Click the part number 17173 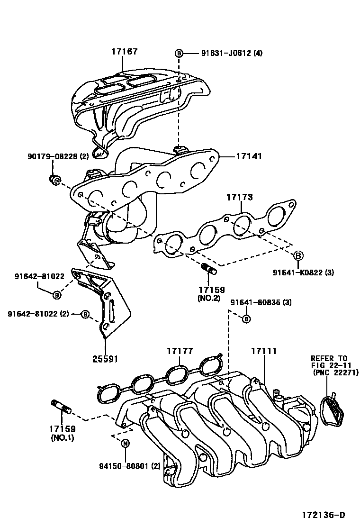pyautogui.click(x=239, y=197)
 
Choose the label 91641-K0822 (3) pyautogui.click(x=303, y=273)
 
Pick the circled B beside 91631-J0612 pyautogui.click(x=179, y=53)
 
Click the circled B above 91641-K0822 pyautogui.click(x=298, y=256)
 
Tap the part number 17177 pyautogui.click(x=180, y=351)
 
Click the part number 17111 pyautogui.click(x=264, y=351)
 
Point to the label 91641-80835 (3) pyautogui.click(x=261, y=302)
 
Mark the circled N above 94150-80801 pyautogui.click(x=126, y=444)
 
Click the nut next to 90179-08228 pyautogui.click(x=54, y=180)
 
